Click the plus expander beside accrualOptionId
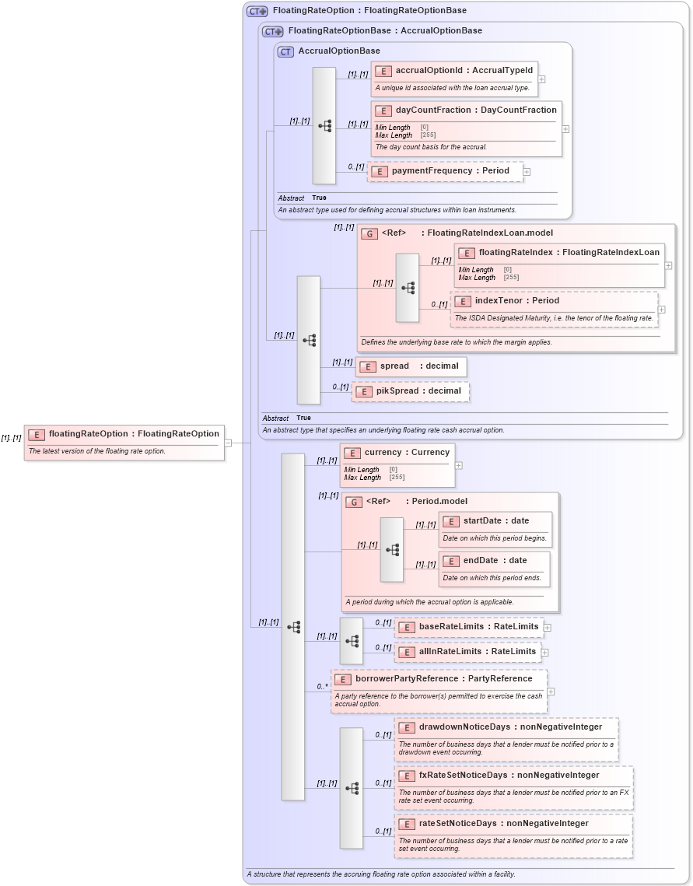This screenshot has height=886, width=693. pos(542,79)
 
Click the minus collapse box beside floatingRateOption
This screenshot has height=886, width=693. pos(228,443)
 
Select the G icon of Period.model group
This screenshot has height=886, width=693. pos(354,502)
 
